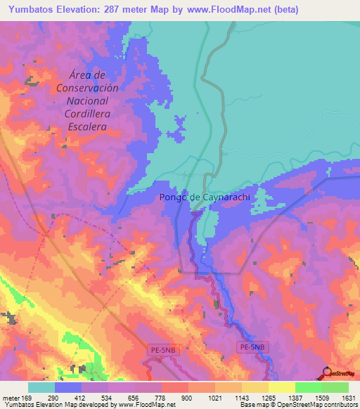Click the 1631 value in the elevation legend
pos(348,398)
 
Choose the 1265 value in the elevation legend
pos(268,398)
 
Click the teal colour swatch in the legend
pos(41,387)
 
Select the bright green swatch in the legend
pos(308,387)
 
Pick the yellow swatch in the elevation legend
pos(282,387)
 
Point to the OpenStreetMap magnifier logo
pos(327,373)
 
